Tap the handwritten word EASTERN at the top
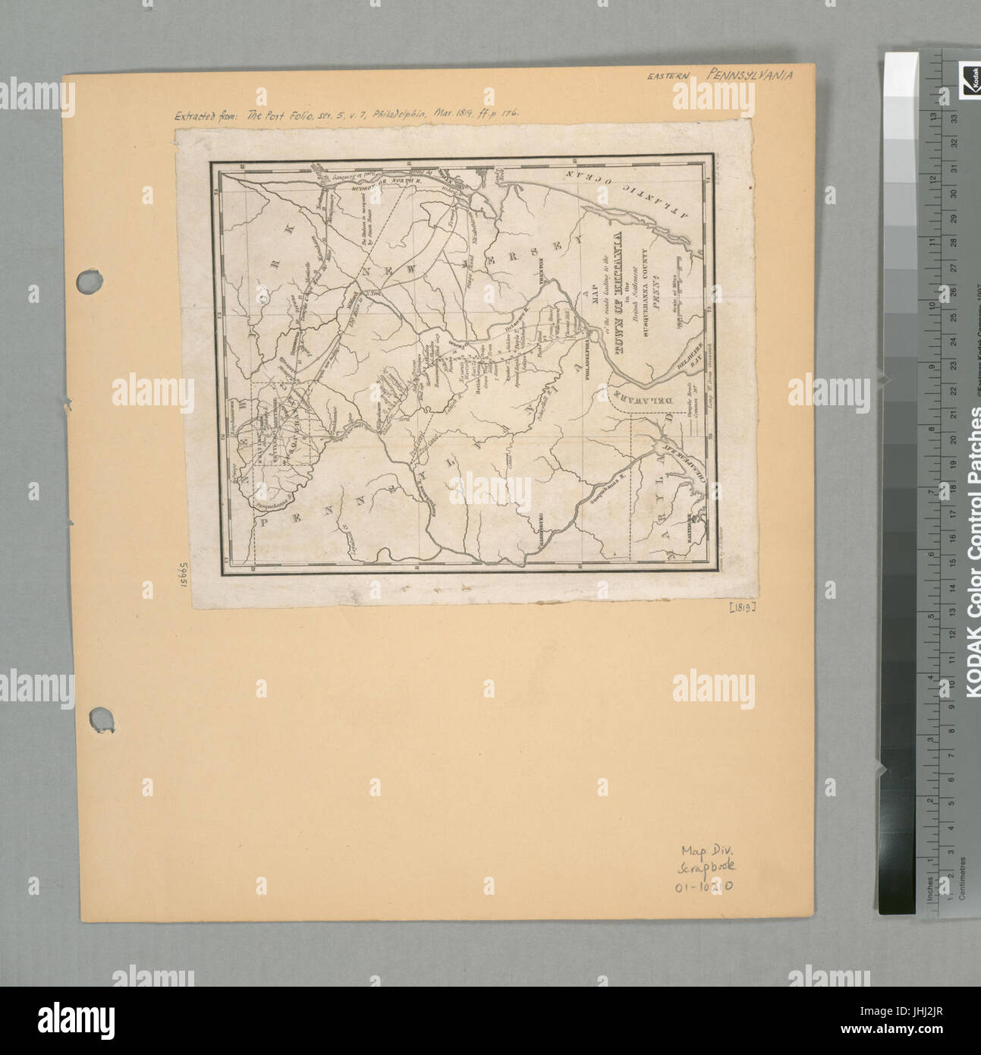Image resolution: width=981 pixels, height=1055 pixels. [672, 77]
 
